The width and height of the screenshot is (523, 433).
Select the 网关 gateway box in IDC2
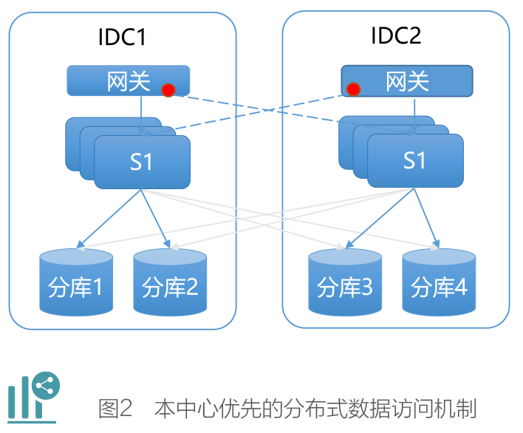tap(406, 81)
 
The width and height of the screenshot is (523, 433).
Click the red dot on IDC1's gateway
tap(168, 90)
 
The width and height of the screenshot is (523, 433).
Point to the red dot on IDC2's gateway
tap(353, 89)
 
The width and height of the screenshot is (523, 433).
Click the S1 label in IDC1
tap(141, 161)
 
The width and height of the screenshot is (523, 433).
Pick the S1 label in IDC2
tap(414, 160)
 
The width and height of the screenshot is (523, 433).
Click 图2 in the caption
tap(115, 409)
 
